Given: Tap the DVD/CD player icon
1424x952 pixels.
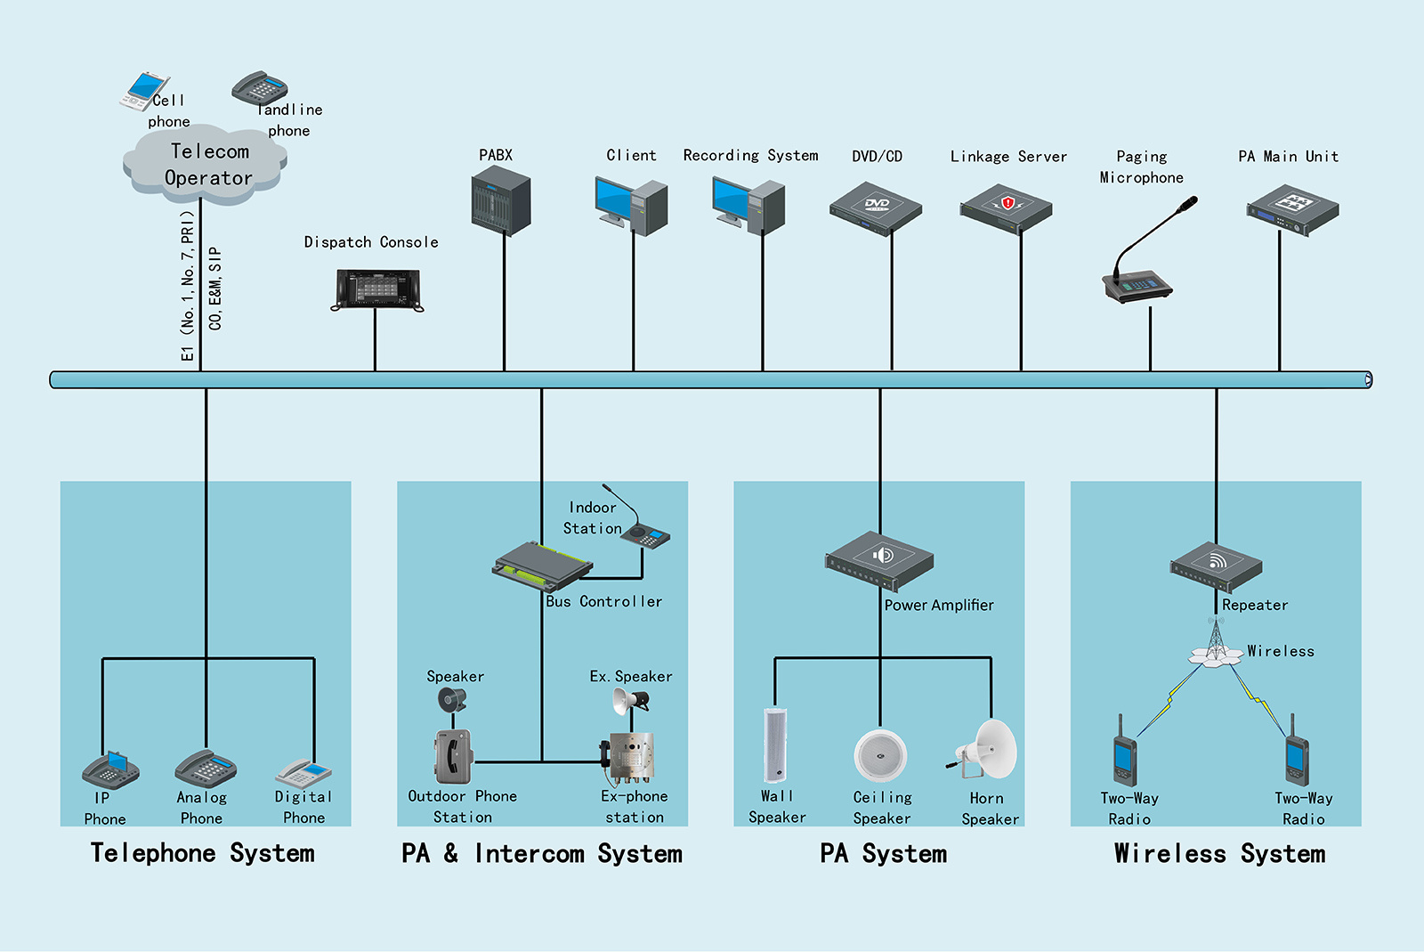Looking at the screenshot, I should (x=876, y=208).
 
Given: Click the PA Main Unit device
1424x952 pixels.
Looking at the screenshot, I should (x=1292, y=209).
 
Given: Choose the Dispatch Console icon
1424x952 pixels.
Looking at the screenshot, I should (x=377, y=289).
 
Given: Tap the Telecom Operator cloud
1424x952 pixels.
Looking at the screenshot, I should (x=206, y=166).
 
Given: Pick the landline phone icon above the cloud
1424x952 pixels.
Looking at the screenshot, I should (x=260, y=88).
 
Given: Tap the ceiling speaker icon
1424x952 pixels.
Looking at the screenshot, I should (x=880, y=755).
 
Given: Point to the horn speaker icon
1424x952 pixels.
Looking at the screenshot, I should (x=987, y=750).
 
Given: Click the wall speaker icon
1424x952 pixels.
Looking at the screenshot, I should (x=775, y=745).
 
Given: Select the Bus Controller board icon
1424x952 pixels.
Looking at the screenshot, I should (x=542, y=566).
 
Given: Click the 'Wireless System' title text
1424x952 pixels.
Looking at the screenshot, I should (x=1219, y=854).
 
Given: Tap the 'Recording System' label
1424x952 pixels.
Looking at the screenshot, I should (x=750, y=156).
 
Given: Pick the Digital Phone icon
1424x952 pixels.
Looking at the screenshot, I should (x=303, y=772).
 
